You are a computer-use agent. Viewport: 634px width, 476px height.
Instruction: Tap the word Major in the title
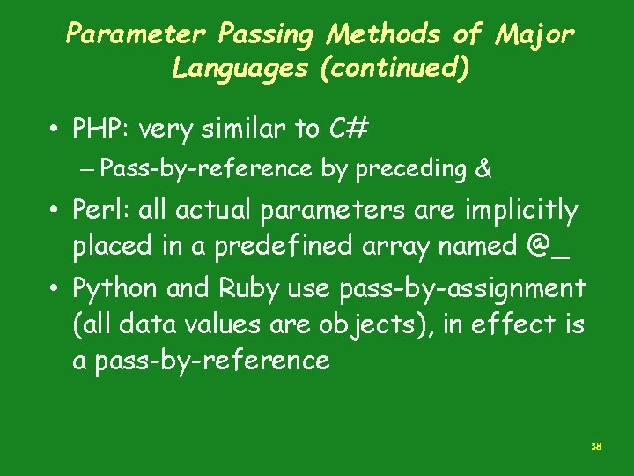coord(535,35)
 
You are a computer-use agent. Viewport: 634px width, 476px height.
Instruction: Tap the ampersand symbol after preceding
coord(483,168)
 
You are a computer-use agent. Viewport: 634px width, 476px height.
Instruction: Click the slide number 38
coord(596,447)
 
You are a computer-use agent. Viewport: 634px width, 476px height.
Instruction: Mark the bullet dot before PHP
coord(55,130)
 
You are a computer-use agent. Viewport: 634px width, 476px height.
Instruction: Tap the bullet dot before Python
coord(55,288)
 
